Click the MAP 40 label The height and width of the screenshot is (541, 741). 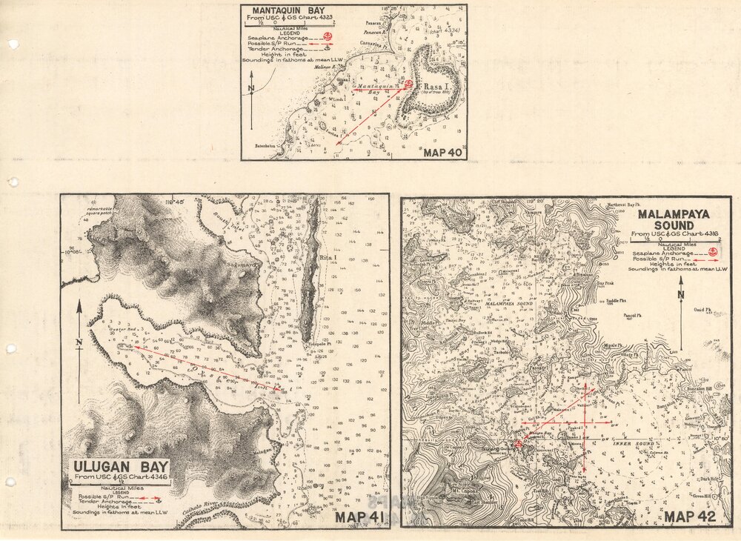tap(442, 153)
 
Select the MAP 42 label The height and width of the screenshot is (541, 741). tap(690, 517)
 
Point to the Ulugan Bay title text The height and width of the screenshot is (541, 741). tap(121, 468)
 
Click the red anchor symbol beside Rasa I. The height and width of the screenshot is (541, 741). tap(408, 84)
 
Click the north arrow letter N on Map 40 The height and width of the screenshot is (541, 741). tap(252, 88)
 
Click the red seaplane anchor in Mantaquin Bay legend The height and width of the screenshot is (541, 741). tap(330, 36)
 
